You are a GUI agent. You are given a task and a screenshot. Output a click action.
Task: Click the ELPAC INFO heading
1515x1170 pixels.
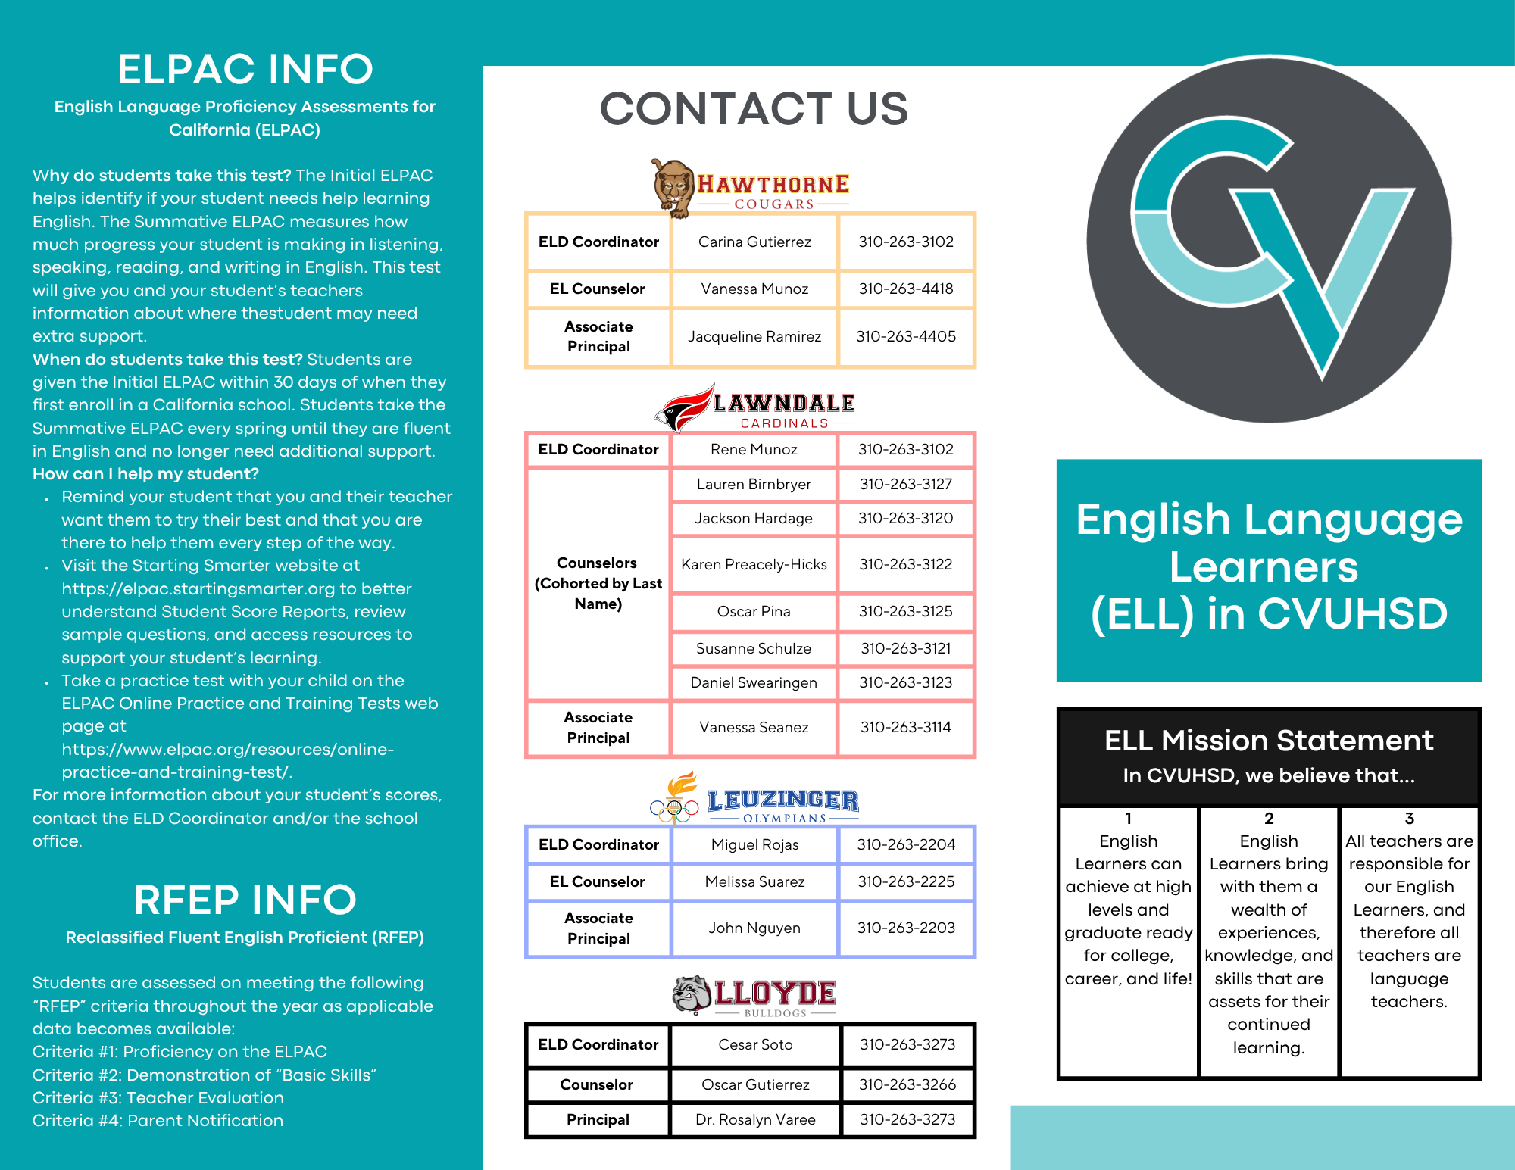coord(245,69)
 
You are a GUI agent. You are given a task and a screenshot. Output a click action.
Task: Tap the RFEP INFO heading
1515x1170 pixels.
coord(245,900)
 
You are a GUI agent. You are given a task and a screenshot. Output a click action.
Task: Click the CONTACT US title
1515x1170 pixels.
coord(754,108)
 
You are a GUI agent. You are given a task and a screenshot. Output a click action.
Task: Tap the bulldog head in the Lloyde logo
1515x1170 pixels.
coord(692,994)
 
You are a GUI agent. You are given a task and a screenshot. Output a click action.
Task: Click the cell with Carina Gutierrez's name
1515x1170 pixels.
coord(754,242)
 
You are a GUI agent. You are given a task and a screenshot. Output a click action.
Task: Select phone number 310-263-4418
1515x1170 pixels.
coord(906,289)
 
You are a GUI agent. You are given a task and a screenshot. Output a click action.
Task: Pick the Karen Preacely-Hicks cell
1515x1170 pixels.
coord(754,564)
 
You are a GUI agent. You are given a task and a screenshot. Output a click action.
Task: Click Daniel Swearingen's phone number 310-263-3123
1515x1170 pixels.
coord(906,682)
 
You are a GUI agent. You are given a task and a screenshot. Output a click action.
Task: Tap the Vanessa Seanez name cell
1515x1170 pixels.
coord(754,727)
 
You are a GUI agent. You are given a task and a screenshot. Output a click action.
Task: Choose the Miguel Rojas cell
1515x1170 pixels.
coord(754,844)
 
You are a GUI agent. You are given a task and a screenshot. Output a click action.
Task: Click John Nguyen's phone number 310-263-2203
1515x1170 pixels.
coord(906,928)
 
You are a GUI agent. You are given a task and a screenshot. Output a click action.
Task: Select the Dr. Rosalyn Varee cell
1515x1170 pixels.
coord(755,1119)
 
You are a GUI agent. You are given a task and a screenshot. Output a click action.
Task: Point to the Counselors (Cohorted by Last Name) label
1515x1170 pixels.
coord(598,583)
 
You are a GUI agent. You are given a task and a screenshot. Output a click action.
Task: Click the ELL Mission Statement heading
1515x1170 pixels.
coord(1269,740)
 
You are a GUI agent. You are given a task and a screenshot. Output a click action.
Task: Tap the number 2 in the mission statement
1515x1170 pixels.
coord(1269,818)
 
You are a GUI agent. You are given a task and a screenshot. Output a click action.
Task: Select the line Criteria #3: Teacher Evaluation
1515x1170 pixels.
coord(158,1097)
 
